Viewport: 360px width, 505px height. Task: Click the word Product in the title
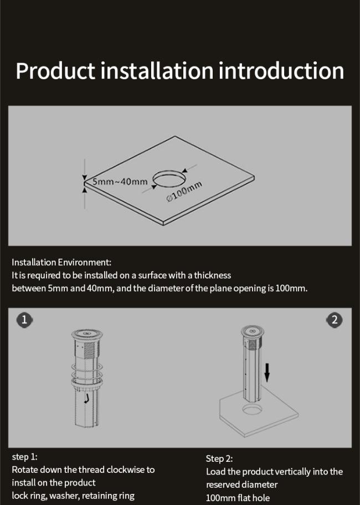tap(56, 71)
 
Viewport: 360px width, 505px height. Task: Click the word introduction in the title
tap(281, 70)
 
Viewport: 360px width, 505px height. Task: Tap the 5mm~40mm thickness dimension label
tap(120, 182)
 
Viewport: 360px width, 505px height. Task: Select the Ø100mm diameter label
tap(184, 191)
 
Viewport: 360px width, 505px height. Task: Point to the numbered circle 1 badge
tap(24, 320)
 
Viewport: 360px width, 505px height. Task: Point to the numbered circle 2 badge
tap(335, 320)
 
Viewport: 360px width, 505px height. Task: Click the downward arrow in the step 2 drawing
tap(267, 372)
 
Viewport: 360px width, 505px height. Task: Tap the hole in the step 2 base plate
tap(252, 410)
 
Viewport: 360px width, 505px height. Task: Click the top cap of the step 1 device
tap(87, 334)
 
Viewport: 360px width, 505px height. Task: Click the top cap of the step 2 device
tap(252, 331)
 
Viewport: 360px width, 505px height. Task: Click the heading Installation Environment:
tap(61, 262)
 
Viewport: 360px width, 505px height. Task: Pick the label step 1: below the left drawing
tap(24, 457)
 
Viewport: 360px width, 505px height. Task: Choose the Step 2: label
tap(219, 458)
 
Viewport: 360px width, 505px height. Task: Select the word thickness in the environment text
tap(213, 275)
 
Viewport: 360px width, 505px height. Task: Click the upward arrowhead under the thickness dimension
tap(85, 190)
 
